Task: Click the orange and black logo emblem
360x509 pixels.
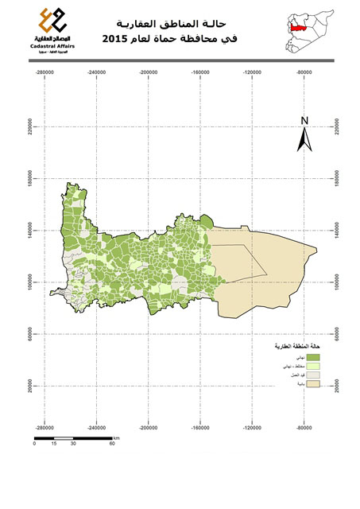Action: tap(53, 20)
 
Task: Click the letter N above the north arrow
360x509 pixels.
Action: tap(304, 121)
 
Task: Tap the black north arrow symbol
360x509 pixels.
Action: tap(304, 140)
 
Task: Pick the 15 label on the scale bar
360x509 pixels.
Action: tap(53, 443)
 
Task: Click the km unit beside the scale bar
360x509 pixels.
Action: tap(116, 437)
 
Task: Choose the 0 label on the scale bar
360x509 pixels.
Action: tap(34, 443)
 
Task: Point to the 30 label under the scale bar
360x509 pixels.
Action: tap(73, 443)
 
